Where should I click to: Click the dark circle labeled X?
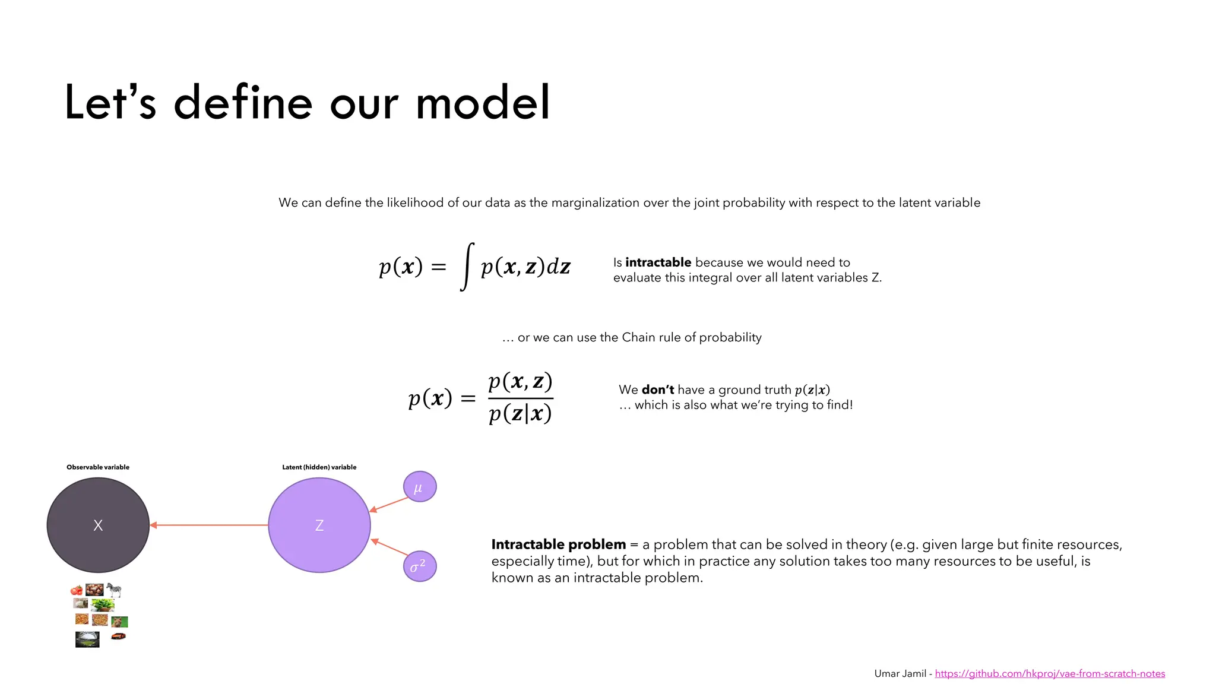pyautogui.click(x=98, y=525)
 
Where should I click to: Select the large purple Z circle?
pyautogui.click(x=319, y=525)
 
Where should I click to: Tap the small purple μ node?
pyautogui.click(x=420, y=487)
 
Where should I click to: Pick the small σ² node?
pyautogui.click(x=420, y=566)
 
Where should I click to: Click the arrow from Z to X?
pyautogui.click(x=208, y=525)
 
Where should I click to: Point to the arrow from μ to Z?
pyautogui.click(x=389, y=504)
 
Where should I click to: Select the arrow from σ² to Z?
pyautogui.click(x=389, y=547)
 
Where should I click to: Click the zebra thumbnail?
pyautogui.click(x=114, y=590)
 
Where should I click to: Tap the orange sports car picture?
pyautogui.click(x=119, y=636)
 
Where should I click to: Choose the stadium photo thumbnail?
pyautogui.click(x=87, y=639)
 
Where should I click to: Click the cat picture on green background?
pyautogui.click(x=119, y=622)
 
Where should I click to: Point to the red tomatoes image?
pyautogui.click(x=77, y=590)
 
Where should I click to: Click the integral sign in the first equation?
pyautogui.click(x=467, y=267)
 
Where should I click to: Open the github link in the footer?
pyautogui.click(x=1050, y=673)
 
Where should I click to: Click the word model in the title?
pyautogui.click(x=483, y=103)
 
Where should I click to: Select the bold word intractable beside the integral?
pyautogui.click(x=658, y=262)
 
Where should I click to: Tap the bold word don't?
pyautogui.click(x=658, y=389)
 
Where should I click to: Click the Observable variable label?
pyautogui.click(x=98, y=467)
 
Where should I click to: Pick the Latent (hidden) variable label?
pyautogui.click(x=319, y=467)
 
